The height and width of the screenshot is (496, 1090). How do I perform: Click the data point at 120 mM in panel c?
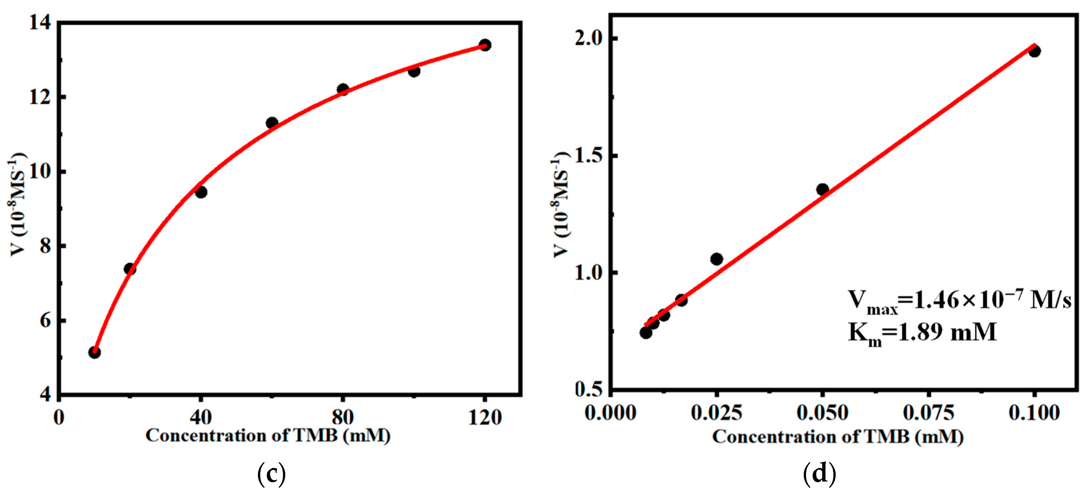click(x=485, y=45)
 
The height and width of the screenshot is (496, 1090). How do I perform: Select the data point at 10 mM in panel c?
click(x=94, y=352)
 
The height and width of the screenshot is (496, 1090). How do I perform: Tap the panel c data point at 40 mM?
click(x=201, y=192)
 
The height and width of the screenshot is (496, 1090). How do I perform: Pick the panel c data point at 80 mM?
click(x=343, y=89)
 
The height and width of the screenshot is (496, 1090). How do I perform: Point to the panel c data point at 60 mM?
click(x=272, y=123)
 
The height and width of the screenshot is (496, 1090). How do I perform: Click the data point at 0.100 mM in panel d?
click(x=1034, y=51)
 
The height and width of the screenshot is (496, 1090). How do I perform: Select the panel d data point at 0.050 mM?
click(x=822, y=189)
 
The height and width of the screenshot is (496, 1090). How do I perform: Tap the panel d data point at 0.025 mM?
click(x=716, y=259)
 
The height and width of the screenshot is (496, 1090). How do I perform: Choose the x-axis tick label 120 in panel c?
click(x=485, y=417)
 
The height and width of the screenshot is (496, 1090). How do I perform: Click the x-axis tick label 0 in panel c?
click(x=59, y=417)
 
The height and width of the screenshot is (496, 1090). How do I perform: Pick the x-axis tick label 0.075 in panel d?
click(x=928, y=412)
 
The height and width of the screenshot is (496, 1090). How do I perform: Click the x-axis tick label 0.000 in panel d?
click(x=611, y=412)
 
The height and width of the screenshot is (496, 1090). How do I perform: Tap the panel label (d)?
click(x=820, y=474)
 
